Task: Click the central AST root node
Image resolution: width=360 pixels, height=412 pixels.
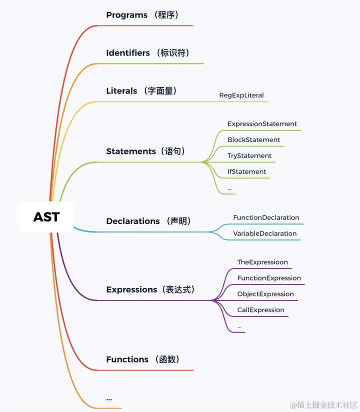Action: [x=46, y=217]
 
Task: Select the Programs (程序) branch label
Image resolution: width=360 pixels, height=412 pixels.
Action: [x=142, y=15]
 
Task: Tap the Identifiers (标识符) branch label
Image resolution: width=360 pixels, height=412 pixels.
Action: [x=148, y=53]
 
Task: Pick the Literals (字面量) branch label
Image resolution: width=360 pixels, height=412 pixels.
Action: [x=141, y=91]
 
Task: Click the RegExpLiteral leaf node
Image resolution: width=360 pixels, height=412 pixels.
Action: [x=241, y=95]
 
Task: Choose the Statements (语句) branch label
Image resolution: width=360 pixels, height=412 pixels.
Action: [x=145, y=151]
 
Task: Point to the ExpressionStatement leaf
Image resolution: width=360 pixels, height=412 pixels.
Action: [x=262, y=124]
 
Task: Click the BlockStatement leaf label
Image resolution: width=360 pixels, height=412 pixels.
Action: [x=253, y=140]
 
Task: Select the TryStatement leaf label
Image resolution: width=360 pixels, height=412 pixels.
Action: [x=249, y=156]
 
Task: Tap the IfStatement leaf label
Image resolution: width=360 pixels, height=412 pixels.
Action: [x=246, y=172]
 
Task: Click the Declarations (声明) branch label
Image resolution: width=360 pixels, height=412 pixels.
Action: [x=148, y=221]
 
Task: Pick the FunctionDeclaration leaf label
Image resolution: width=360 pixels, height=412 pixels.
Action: [x=266, y=218]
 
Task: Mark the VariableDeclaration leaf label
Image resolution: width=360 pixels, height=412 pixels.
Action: [x=264, y=234]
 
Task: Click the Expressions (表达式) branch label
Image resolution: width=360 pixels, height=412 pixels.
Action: [x=150, y=289]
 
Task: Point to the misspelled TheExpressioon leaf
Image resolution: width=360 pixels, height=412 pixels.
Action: [x=262, y=262]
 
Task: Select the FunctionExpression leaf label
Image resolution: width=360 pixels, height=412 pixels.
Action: [x=269, y=278]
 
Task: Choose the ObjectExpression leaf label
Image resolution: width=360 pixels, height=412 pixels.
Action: [x=265, y=294]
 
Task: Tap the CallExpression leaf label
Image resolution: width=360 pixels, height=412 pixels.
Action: [x=260, y=310]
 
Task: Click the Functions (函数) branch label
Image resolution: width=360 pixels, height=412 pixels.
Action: [x=143, y=359]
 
